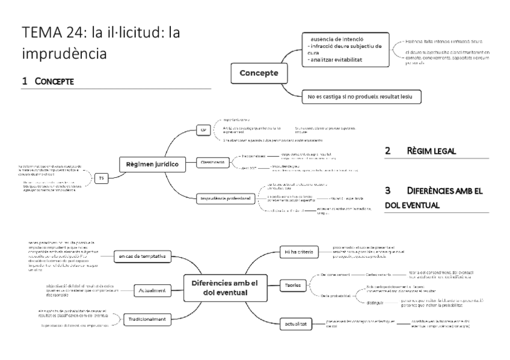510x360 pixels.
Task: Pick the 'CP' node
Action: point(203,130)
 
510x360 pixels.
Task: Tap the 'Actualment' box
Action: point(149,290)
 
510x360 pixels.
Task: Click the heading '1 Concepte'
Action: point(48,81)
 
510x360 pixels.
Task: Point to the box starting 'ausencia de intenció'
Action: point(343,46)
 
